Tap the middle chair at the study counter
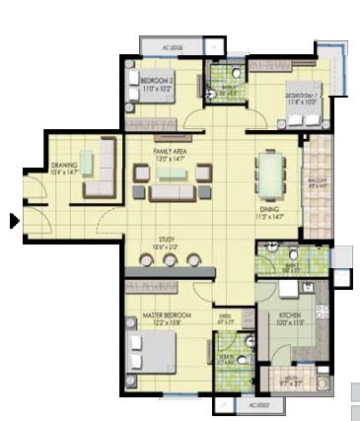[x=170, y=261]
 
